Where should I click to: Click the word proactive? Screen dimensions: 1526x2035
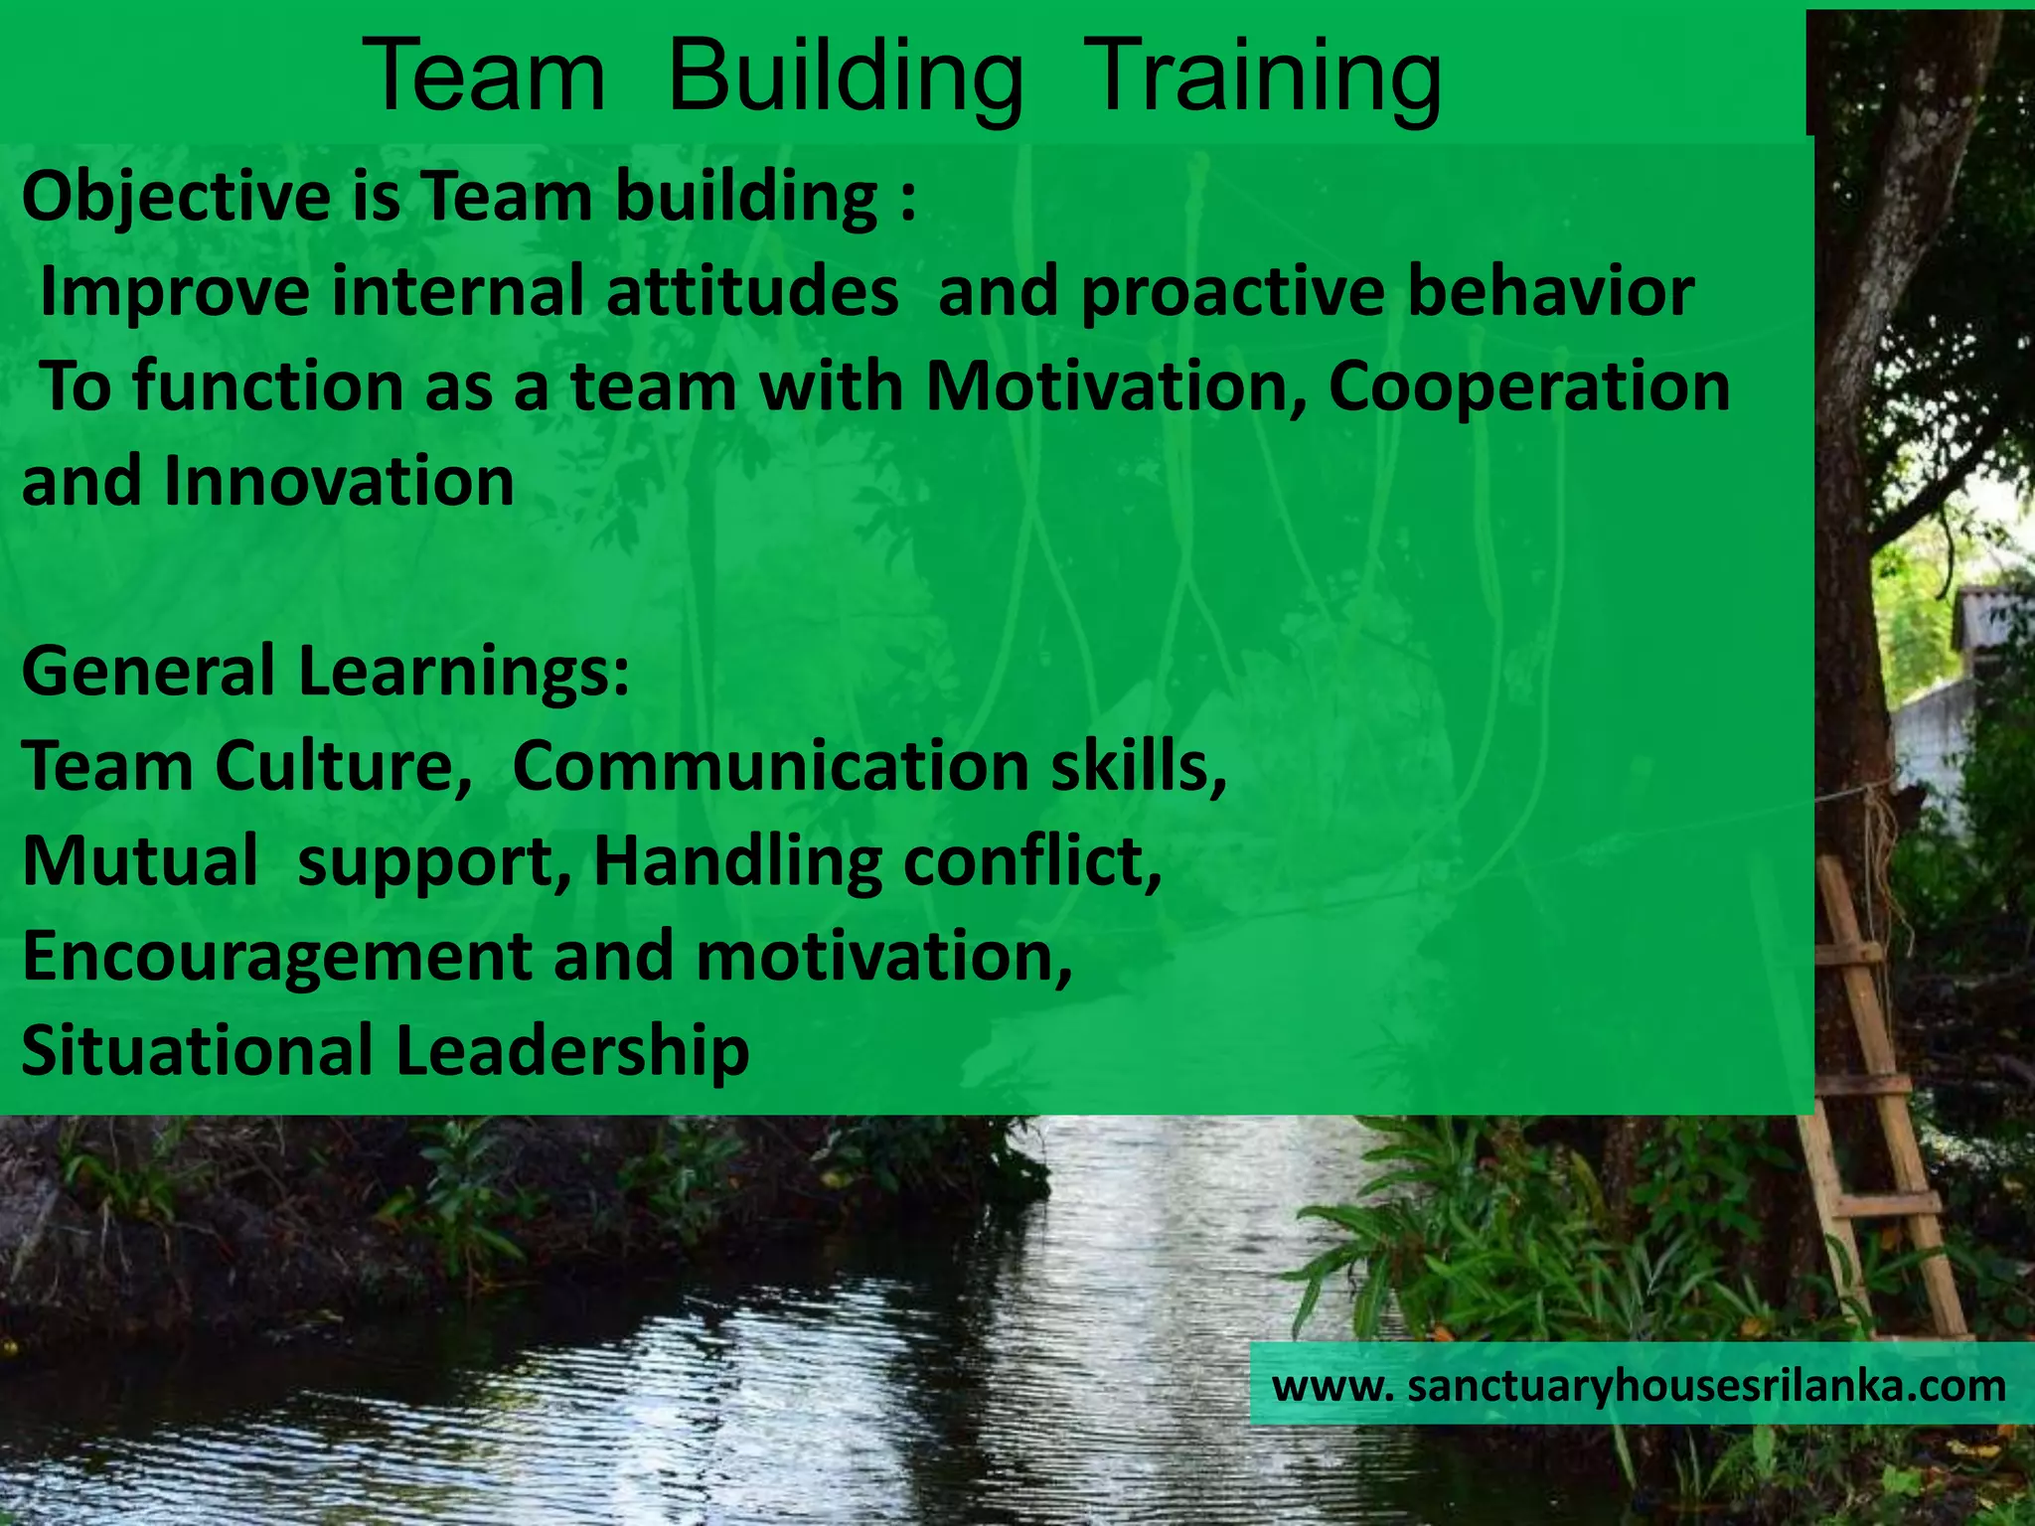[1232, 292]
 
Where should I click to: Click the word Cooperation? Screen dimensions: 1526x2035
[1529, 386]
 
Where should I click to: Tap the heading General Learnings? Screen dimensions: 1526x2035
[326, 671]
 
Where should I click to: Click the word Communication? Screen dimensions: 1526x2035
[770, 766]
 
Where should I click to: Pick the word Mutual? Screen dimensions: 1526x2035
[140, 860]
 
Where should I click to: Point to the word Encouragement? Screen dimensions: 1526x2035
[277, 956]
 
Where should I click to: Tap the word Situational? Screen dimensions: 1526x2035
[196, 1051]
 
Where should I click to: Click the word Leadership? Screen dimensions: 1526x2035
[572, 1051]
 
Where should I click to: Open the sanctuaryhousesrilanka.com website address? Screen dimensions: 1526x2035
[1640, 1385]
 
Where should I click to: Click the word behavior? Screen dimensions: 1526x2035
[1551, 292]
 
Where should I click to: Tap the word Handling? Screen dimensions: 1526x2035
[737, 860]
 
